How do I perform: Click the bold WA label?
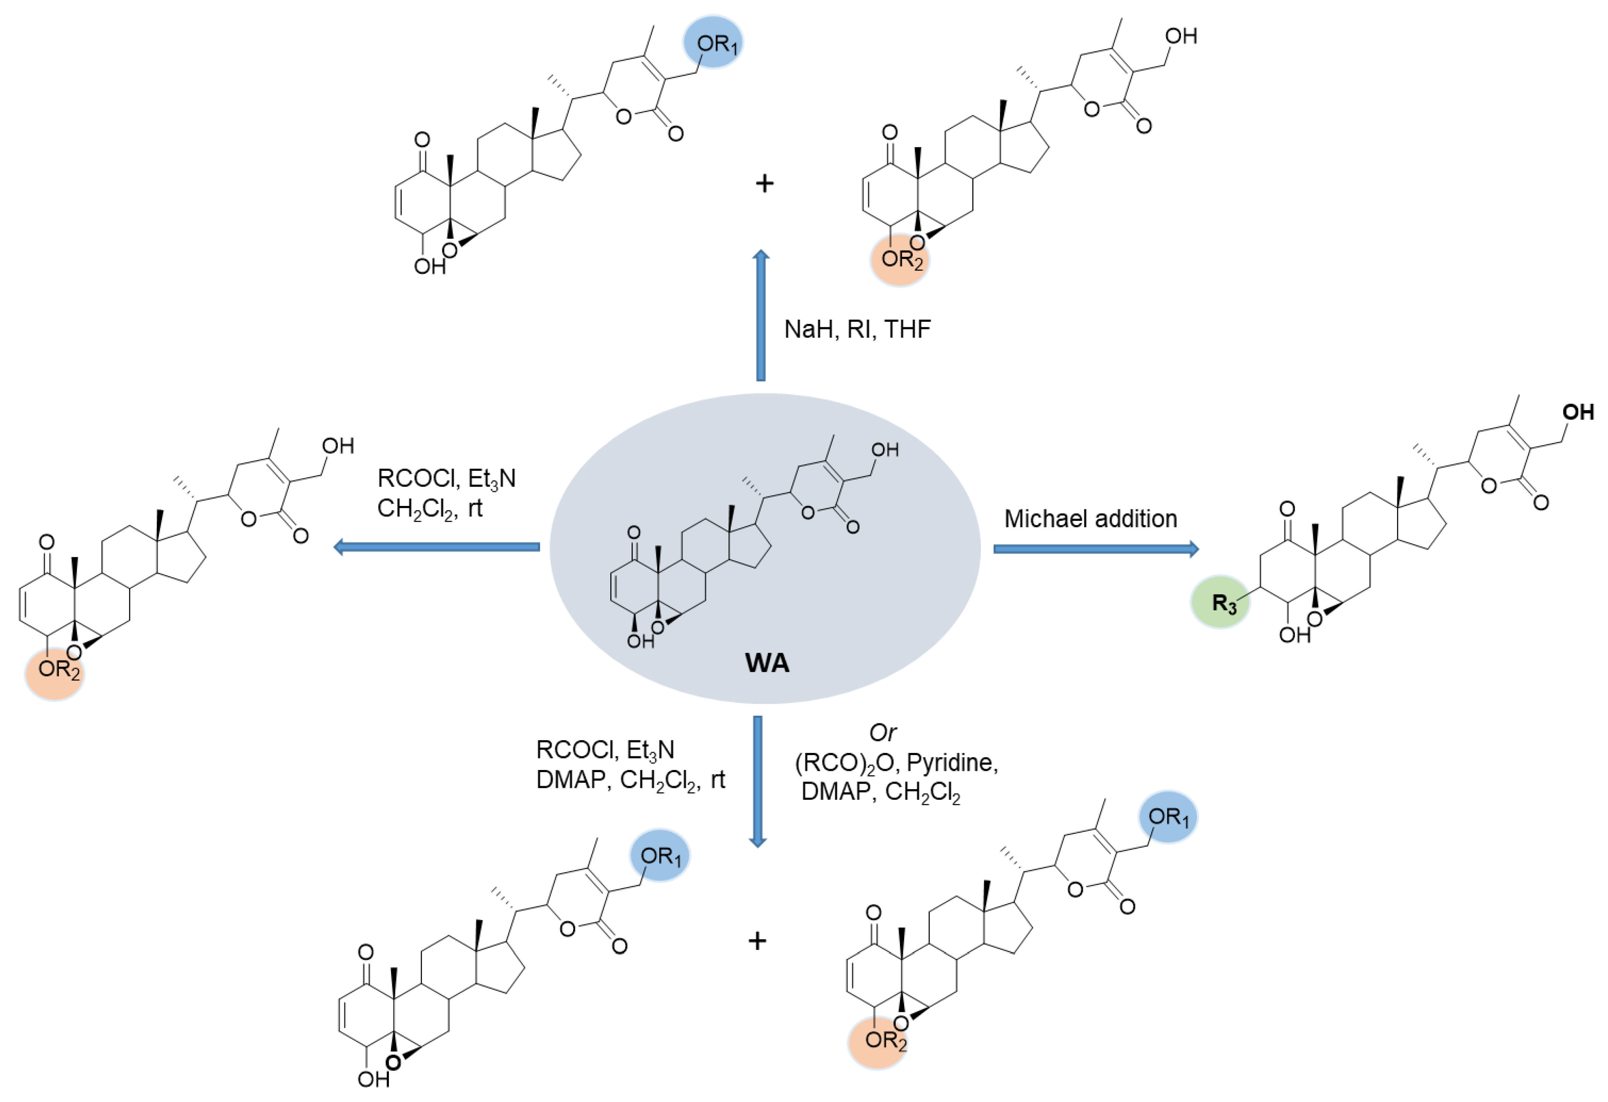pos(767,663)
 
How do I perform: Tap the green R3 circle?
pos(1220,602)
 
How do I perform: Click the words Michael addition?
pos(1091,519)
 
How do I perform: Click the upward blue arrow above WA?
pos(761,315)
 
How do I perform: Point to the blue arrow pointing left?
pos(436,547)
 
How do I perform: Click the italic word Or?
pos(883,732)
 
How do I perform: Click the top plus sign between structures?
pos(764,183)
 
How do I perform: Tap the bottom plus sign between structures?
pos(758,941)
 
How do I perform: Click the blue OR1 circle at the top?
pos(713,43)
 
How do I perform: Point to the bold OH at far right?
pos(1578,412)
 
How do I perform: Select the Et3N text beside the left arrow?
pos(491,479)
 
